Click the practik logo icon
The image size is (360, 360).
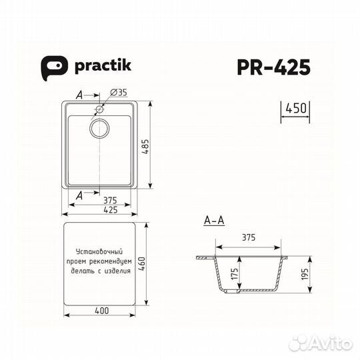click(52, 66)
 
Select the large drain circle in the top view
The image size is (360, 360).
click(100, 127)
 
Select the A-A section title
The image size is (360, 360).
click(213, 219)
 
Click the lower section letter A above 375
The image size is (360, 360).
click(80, 195)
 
